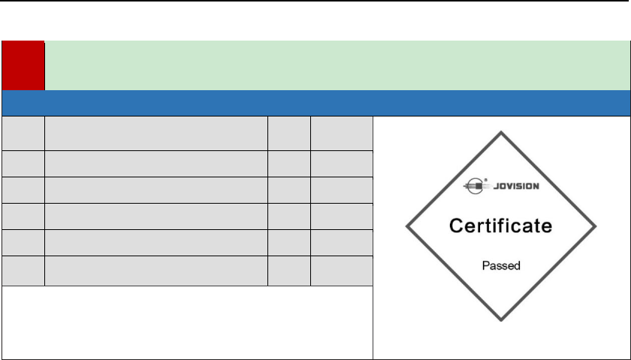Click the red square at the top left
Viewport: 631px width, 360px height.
tap(23, 65)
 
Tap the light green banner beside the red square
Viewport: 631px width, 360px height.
tap(337, 65)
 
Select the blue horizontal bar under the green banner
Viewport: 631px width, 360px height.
tap(315, 102)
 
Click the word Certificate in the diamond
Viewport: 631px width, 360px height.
tap(501, 225)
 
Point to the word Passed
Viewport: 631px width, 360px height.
tap(501, 266)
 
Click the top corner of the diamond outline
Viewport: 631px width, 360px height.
tap(501, 132)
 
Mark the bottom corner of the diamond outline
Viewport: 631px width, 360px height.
tap(501, 322)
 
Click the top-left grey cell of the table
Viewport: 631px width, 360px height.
tap(23, 132)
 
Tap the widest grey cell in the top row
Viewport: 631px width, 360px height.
tap(156, 132)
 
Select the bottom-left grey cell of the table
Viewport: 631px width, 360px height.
tap(23, 271)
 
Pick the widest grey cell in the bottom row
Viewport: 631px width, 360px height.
tap(156, 271)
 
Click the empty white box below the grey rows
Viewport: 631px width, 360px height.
tap(186, 322)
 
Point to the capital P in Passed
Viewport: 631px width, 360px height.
tap(485, 266)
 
